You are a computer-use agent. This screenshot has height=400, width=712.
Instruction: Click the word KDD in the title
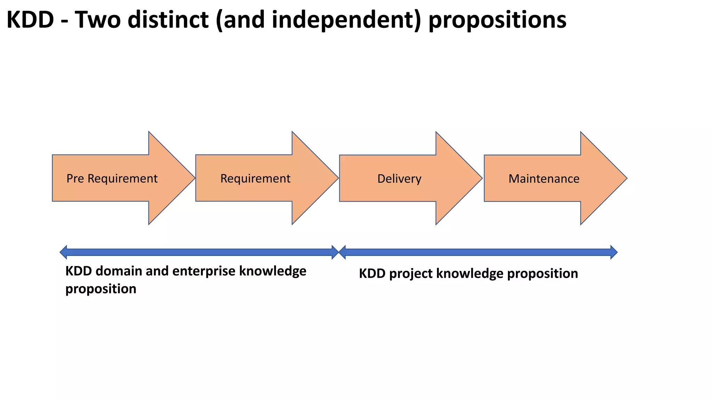[30, 20]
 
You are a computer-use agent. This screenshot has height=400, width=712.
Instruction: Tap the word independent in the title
[346, 20]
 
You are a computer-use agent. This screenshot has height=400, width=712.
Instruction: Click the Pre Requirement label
[112, 178]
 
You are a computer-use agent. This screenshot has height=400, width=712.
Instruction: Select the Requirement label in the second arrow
[255, 178]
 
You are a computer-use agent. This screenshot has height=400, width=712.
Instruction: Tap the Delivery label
[399, 179]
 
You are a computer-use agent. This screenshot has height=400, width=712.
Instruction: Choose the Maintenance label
[544, 179]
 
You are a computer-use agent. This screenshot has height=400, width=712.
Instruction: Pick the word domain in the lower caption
[119, 271]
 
